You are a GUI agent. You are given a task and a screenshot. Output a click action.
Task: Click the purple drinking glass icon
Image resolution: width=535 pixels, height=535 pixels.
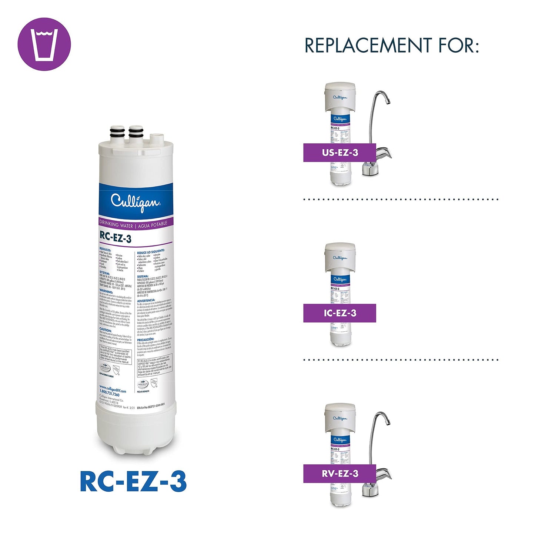44,44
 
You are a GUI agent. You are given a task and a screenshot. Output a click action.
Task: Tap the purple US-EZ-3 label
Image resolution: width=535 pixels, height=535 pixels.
340,153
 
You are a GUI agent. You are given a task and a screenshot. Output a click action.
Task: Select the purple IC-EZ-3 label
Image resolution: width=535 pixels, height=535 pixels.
340,313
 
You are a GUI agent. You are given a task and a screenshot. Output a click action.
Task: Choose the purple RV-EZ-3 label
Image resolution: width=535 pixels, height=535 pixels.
340,474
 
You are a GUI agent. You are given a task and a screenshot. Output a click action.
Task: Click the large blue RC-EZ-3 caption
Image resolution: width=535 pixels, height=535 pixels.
133,482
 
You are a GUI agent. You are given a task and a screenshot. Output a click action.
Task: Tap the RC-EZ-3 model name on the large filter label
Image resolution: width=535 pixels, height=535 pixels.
116,237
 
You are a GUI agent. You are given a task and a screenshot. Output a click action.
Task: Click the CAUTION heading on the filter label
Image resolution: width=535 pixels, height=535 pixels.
106,330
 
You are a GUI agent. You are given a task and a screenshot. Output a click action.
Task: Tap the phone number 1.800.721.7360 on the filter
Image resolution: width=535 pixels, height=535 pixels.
110,395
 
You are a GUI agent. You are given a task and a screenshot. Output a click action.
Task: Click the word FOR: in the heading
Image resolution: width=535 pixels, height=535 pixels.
459,46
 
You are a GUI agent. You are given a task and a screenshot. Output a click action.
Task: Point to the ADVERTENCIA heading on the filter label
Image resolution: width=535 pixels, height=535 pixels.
146,300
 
